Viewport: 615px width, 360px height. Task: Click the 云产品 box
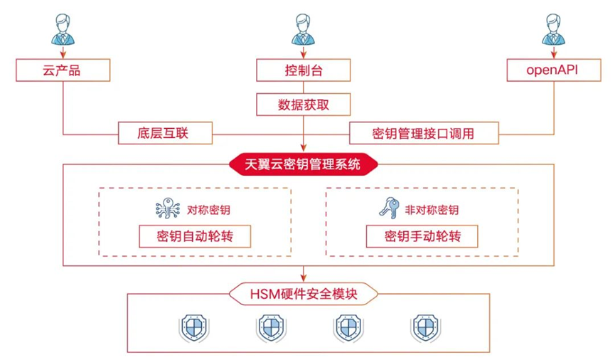[x=63, y=70]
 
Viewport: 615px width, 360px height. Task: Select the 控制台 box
[x=303, y=70]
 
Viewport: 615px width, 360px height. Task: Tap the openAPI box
[x=554, y=70]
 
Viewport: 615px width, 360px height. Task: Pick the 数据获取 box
[x=303, y=105]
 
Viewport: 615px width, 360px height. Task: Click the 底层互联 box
[x=165, y=133]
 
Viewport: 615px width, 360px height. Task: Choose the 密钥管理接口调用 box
[x=424, y=133]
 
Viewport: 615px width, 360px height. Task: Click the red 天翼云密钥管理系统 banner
[x=303, y=164]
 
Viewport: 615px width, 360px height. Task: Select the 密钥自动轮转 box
[x=195, y=236]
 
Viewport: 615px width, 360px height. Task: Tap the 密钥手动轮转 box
[x=422, y=236]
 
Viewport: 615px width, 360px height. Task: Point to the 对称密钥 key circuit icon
[x=168, y=208]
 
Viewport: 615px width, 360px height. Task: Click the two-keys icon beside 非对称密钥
[x=389, y=208]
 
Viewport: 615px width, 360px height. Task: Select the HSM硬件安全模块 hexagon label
[x=303, y=294]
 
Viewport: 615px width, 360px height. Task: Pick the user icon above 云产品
[x=63, y=29]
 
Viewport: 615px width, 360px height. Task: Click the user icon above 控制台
[x=303, y=29]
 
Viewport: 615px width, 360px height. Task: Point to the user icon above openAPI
[x=553, y=29]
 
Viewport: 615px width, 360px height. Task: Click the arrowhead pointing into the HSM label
[x=303, y=278]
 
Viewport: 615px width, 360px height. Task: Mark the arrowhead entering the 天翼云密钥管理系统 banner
[x=303, y=147]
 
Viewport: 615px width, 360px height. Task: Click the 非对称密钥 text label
[x=432, y=210]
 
